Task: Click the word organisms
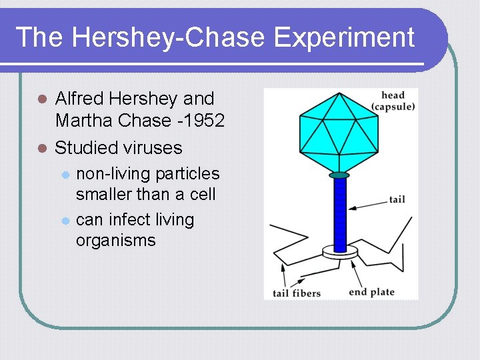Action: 115,241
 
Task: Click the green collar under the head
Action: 339,175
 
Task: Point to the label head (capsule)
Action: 393,101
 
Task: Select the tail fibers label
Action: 297,293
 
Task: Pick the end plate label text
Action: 371,292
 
